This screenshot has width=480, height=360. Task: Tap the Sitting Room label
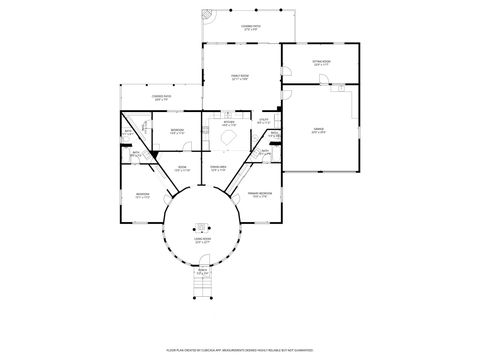[320, 64]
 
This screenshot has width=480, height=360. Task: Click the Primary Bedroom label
[260, 195]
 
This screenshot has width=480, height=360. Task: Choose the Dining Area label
[218, 168]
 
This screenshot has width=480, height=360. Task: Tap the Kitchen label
[229, 124]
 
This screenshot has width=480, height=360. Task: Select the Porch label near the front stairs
[202, 270]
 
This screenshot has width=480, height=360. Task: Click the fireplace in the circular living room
[200, 226]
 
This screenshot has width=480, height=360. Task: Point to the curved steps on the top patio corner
[207, 17]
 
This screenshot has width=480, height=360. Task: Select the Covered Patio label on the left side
[160, 98]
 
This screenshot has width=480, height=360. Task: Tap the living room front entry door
[201, 262]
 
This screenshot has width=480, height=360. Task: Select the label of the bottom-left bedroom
[143, 196]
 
